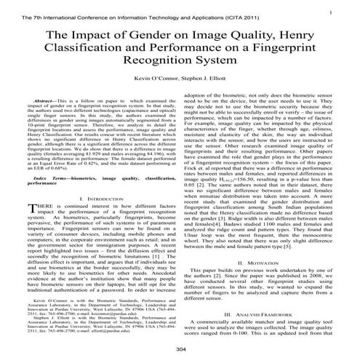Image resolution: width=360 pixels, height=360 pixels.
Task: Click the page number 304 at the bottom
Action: pos(180,351)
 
